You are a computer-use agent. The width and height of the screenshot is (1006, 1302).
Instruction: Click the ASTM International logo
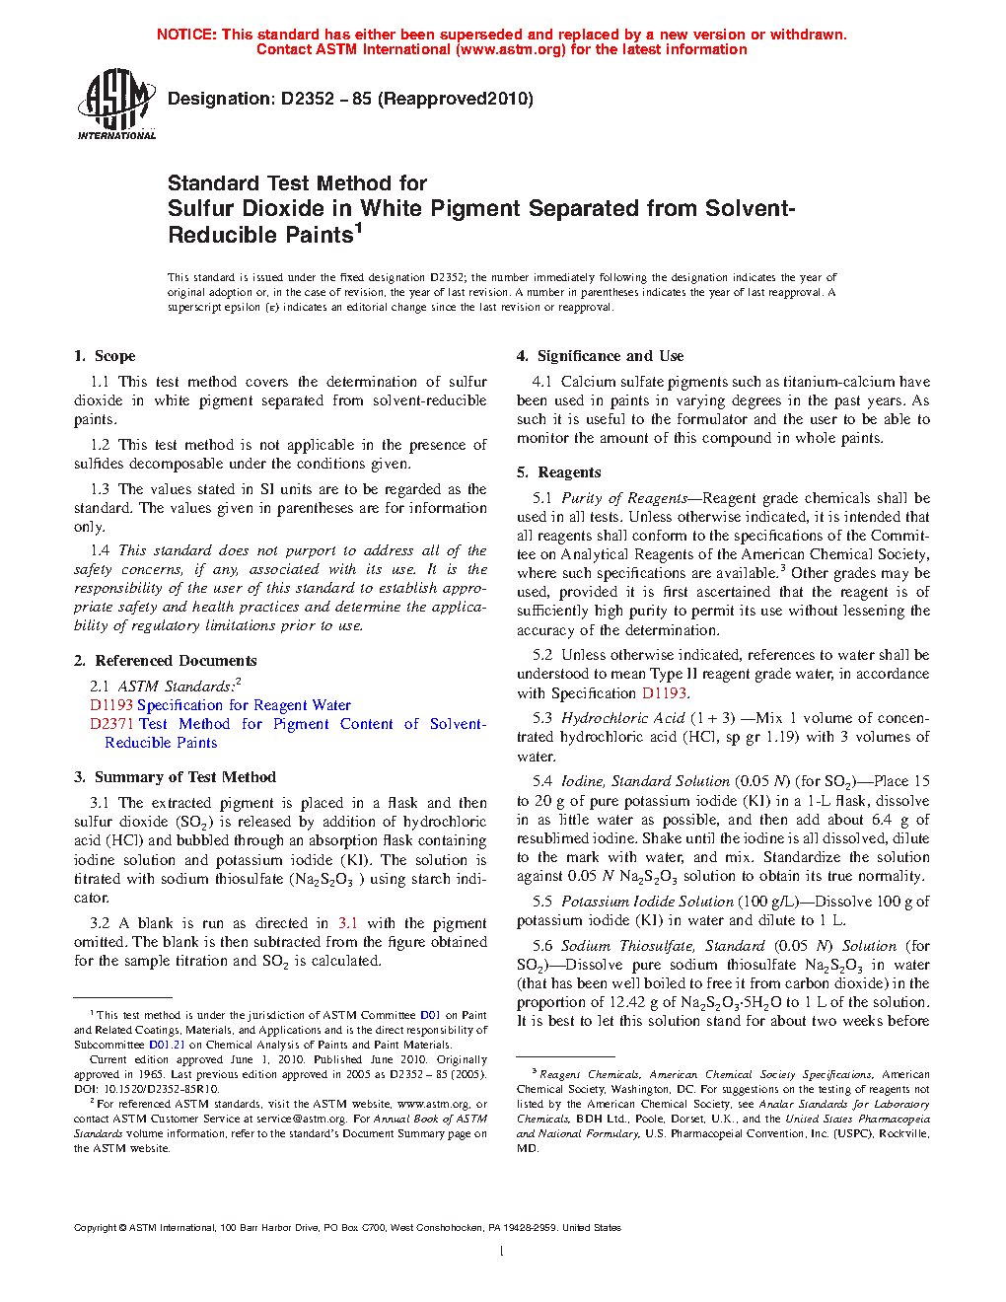pos(116,104)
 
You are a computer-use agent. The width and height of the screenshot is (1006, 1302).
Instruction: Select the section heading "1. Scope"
pos(105,356)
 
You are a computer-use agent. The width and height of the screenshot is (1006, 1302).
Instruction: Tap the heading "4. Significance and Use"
pos(600,356)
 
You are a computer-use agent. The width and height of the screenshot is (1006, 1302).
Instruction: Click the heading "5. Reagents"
pos(558,472)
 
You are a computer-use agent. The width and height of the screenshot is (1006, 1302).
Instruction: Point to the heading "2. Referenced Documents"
pos(165,661)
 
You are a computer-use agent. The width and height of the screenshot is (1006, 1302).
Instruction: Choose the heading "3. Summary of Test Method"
pos(175,777)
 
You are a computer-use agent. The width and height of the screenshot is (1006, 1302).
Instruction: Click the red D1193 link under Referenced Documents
pos(111,705)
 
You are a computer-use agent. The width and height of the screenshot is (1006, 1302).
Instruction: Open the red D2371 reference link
pos(111,724)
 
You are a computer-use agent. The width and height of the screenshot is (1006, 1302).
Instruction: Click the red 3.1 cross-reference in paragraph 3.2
pos(347,923)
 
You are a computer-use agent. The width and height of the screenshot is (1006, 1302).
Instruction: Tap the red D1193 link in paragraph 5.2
pos(664,693)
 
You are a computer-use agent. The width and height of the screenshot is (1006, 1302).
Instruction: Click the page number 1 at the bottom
pos(502,1252)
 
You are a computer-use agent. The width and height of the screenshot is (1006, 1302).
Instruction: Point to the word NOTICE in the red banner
pos(186,35)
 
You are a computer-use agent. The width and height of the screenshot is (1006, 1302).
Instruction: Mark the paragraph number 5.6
pos(542,946)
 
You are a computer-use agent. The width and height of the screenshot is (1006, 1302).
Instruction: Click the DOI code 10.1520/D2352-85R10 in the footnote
pos(158,1089)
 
